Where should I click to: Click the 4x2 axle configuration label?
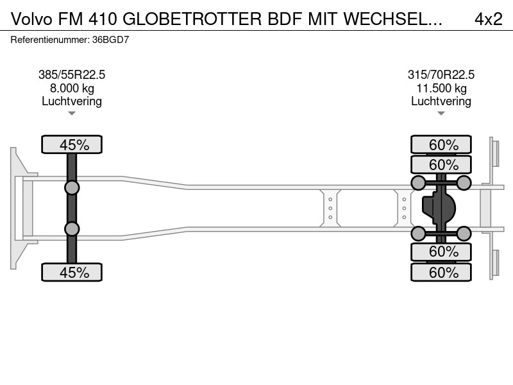tap(488, 19)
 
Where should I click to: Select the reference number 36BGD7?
tap(110, 40)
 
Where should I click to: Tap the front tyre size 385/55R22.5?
tap(72, 74)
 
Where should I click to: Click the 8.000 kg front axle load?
tap(72, 88)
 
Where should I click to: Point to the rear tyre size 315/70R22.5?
tap(441, 74)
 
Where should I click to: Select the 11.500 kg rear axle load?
tap(441, 88)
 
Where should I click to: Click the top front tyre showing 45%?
tap(72, 144)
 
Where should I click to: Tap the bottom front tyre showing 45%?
tap(72, 272)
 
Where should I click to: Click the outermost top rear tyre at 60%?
tap(441, 144)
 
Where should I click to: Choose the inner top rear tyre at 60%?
tap(441, 164)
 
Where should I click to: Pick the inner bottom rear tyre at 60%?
tap(441, 252)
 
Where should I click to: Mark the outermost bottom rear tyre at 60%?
tap(441, 272)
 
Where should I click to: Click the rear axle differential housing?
tap(439, 208)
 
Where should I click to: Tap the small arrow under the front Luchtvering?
tap(72, 114)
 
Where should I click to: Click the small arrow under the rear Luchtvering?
tap(441, 114)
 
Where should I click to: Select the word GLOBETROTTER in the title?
tap(192, 19)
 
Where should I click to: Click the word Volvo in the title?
tap(31, 19)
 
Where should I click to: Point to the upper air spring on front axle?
tap(72, 188)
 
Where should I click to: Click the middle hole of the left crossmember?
tap(330, 208)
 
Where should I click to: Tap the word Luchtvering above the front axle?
tap(72, 101)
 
